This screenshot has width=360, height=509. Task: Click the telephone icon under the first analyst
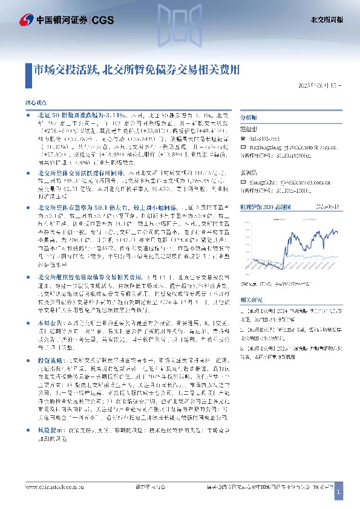(243, 138)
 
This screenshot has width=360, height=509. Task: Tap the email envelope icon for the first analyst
(243, 147)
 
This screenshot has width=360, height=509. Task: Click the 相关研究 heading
(250, 299)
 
